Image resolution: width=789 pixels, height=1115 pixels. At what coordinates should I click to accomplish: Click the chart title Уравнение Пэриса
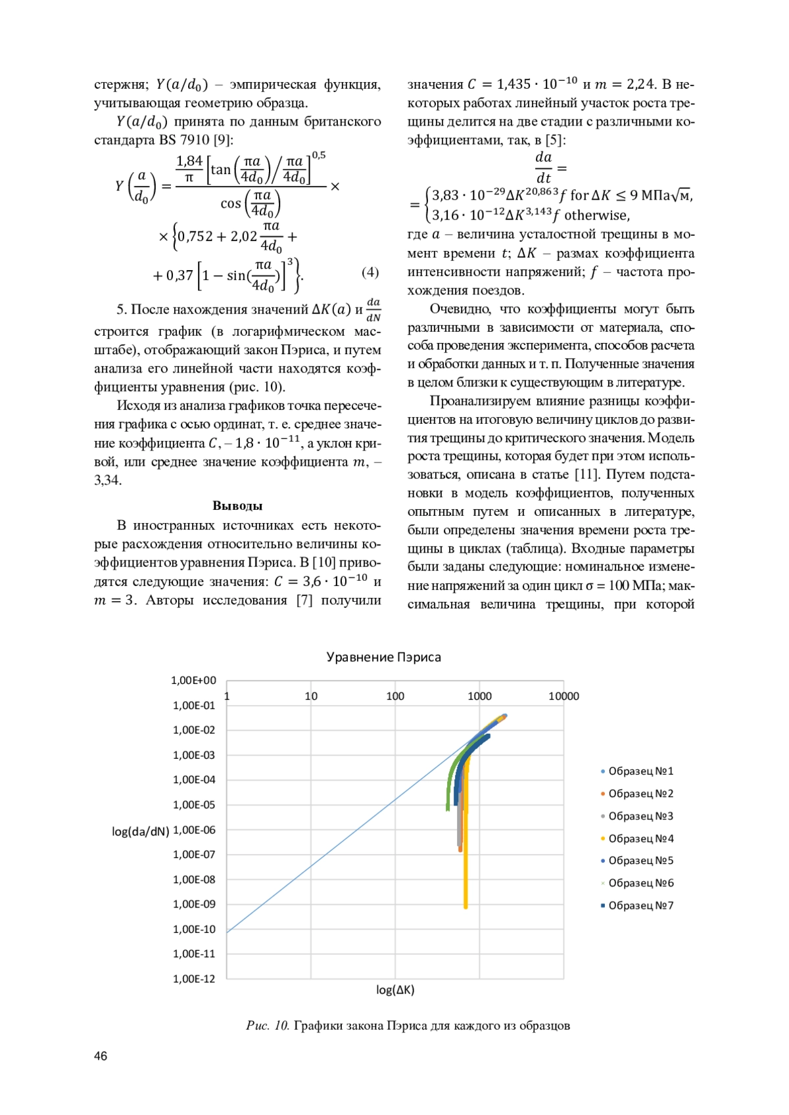click(383, 657)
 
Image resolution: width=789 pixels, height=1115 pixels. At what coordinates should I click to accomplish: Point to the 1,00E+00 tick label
click(193, 681)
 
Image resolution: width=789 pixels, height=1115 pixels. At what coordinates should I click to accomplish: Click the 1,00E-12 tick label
click(194, 979)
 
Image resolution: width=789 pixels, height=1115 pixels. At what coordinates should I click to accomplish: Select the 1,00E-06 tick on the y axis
click(194, 830)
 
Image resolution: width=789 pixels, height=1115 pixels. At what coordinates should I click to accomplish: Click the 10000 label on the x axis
click(563, 696)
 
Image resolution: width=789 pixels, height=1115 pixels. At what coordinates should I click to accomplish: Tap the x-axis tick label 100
click(395, 696)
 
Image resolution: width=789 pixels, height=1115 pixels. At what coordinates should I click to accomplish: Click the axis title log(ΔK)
click(395, 990)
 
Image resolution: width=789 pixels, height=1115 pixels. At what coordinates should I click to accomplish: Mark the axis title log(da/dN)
click(140, 831)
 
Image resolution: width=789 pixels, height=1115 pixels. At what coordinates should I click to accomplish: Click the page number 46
click(101, 1056)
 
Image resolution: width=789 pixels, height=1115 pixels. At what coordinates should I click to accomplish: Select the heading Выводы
click(237, 506)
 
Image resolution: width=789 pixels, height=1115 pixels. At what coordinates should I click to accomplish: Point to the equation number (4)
click(370, 272)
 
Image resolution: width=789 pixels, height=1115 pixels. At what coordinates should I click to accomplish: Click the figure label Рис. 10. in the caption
click(268, 1026)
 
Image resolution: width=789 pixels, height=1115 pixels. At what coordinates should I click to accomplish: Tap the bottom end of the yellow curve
click(466, 907)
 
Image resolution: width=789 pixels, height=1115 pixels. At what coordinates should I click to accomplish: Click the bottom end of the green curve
click(448, 809)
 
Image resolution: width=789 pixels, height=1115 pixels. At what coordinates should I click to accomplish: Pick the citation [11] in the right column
click(586, 474)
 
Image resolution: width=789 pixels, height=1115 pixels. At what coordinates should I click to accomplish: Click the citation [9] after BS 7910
click(224, 140)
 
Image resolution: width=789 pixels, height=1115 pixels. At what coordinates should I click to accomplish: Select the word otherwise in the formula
click(596, 216)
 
